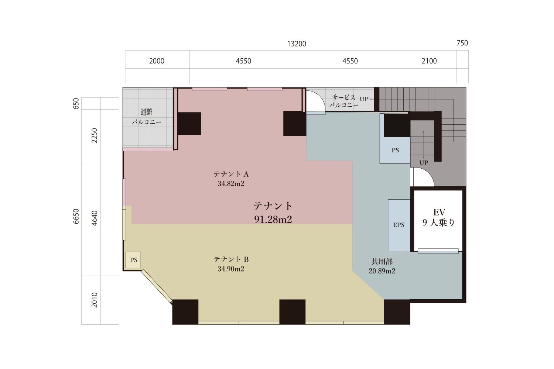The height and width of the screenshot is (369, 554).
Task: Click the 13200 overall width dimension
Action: click(x=297, y=44)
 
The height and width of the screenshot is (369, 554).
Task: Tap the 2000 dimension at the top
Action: click(x=157, y=61)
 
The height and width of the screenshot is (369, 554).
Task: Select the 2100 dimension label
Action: click(x=429, y=61)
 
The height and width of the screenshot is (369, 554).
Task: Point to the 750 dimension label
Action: click(x=462, y=43)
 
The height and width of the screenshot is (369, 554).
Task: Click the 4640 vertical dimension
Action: click(x=95, y=218)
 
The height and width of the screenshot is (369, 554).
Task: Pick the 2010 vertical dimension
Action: click(x=95, y=300)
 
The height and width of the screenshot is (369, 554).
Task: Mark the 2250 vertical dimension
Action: click(x=95, y=135)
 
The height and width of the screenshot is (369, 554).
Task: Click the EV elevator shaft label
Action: click(x=439, y=217)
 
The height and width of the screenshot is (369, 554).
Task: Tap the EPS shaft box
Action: click(x=399, y=225)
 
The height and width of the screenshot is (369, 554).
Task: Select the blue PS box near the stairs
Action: click(x=395, y=150)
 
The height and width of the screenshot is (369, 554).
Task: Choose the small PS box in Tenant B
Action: click(x=133, y=260)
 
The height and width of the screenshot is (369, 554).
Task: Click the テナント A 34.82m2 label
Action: click(x=231, y=179)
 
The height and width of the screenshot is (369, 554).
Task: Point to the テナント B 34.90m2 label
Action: click(x=231, y=264)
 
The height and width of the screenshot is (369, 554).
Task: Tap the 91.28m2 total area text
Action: click(x=273, y=220)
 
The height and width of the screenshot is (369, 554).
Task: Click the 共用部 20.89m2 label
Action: click(x=382, y=266)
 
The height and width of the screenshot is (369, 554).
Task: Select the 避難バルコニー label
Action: click(x=146, y=117)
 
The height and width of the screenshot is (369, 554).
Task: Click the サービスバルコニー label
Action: click(x=344, y=101)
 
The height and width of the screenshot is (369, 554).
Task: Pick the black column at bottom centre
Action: click(x=293, y=312)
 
